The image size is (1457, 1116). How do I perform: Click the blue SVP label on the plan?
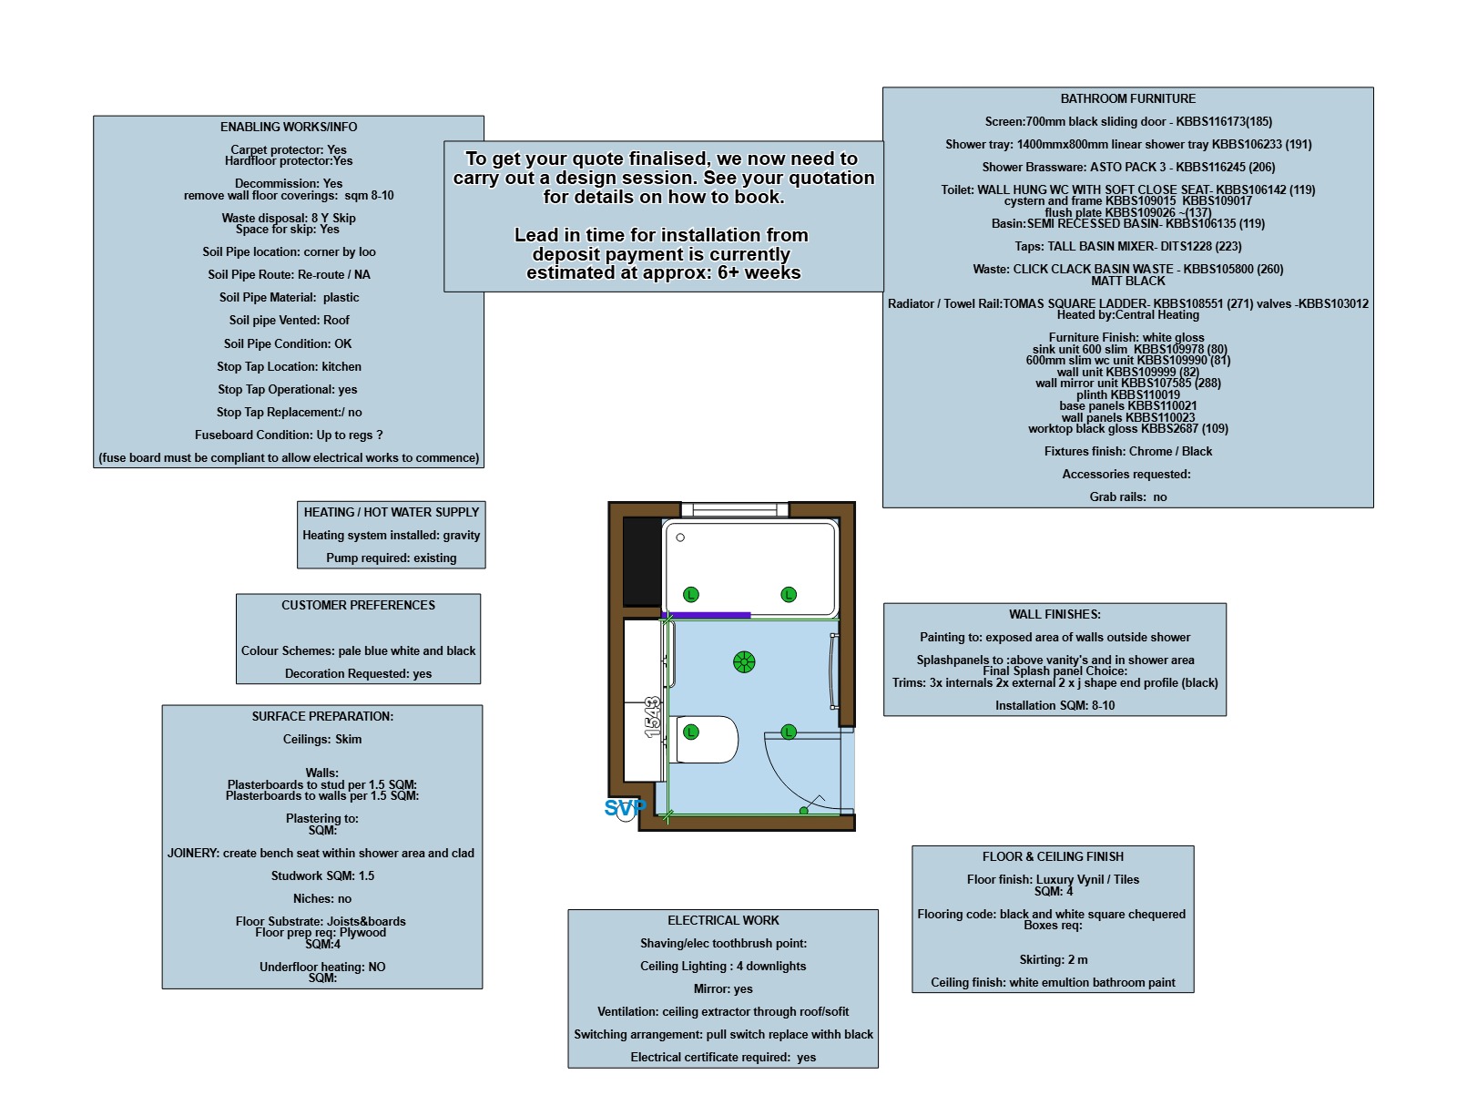625,807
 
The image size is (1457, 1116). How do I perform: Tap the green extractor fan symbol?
743,661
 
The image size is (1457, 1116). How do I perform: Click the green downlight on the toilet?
690,732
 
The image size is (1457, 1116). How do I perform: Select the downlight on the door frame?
788,732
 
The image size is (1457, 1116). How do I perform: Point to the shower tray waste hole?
680,538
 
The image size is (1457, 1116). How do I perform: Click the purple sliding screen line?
706,614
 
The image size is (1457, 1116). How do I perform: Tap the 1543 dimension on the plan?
652,717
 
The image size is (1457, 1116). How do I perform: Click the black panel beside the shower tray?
642,560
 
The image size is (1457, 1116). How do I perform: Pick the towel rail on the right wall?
833,671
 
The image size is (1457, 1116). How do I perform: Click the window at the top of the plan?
735,509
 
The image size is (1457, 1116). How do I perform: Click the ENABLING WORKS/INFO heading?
289,127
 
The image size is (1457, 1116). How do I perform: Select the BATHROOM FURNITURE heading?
1127,98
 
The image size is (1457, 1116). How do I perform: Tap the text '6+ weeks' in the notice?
759,272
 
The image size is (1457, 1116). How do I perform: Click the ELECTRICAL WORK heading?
723,920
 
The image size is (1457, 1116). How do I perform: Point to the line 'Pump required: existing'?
391,558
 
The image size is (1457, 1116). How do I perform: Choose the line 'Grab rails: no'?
1127,497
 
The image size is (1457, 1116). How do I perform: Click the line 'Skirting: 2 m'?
1053,959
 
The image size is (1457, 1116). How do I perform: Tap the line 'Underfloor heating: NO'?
321,967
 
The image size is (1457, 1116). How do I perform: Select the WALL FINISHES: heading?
1054,614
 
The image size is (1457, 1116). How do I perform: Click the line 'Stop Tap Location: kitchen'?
289,367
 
